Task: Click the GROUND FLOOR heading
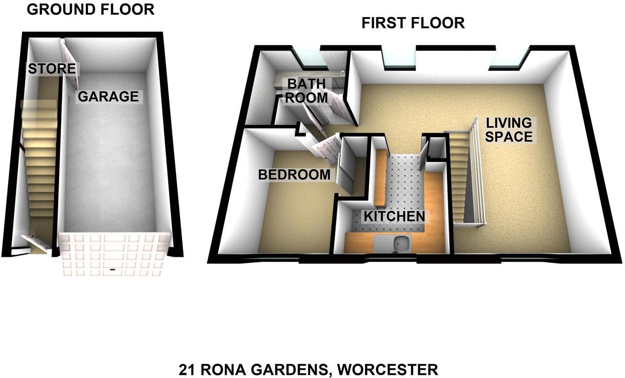pos(90,9)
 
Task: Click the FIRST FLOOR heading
pos(413,23)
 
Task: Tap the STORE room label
pos(52,69)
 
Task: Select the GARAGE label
pos(108,96)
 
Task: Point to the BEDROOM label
pos(294,175)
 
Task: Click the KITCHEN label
pos(394,216)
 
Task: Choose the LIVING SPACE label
pos(509,129)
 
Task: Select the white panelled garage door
pos(114,254)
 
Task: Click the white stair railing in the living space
pos(478,175)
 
